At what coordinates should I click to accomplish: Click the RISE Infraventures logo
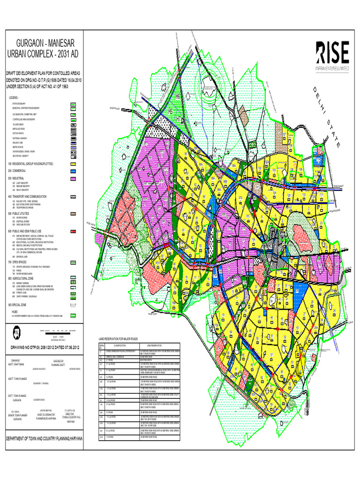tap(332, 56)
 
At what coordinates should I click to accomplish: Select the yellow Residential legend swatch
tap(73, 164)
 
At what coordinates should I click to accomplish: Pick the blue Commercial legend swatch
tap(73, 172)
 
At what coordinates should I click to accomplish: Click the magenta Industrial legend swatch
tap(73, 179)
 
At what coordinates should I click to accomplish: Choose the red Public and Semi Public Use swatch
tap(73, 232)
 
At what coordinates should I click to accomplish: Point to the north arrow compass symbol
tap(17, 332)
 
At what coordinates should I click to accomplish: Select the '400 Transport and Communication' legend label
tap(27, 196)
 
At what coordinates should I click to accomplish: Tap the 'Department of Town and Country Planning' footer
tap(44, 438)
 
